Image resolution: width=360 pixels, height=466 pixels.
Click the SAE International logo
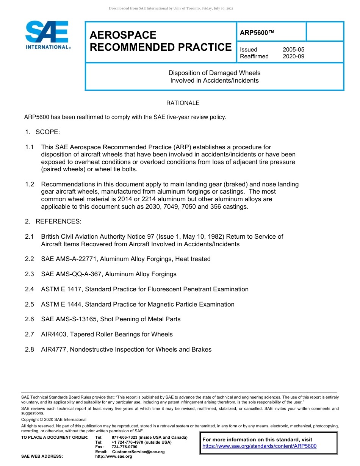tap(47, 35)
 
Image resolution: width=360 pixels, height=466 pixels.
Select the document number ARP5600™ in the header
tap(257, 33)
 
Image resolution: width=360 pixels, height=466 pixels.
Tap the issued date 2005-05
tap(293, 50)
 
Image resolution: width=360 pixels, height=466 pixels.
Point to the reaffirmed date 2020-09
tap(293, 56)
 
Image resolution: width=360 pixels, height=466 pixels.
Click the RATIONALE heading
tap(183, 103)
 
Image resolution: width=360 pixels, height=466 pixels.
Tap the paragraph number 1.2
tap(30, 185)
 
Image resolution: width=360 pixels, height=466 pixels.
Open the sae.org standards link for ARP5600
tap(259, 446)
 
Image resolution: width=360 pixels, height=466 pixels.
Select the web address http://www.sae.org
tap(114, 457)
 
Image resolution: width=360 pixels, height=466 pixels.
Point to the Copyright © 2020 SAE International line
tap(54, 419)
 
